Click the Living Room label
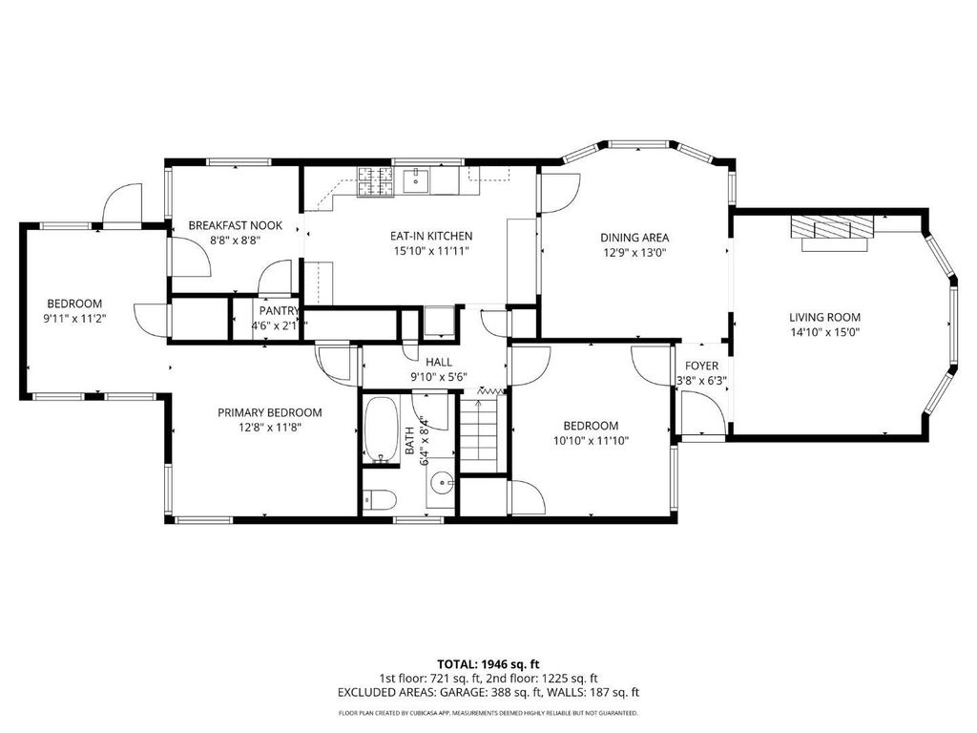[x=824, y=317]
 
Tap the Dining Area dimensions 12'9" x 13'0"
[x=634, y=252]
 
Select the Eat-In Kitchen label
[x=431, y=236]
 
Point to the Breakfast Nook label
[x=236, y=225]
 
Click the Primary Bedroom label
[x=270, y=412]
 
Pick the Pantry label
[x=280, y=310]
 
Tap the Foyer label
[x=701, y=366]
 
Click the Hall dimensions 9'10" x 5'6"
[x=439, y=376]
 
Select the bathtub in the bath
[x=381, y=430]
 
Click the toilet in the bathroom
[x=380, y=500]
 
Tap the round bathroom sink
[x=443, y=482]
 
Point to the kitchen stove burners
[x=375, y=182]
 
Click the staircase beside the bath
[x=479, y=432]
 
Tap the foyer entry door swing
[x=702, y=412]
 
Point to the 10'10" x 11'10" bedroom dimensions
[x=591, y=441]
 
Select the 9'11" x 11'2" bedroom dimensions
[x=74, y=319]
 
